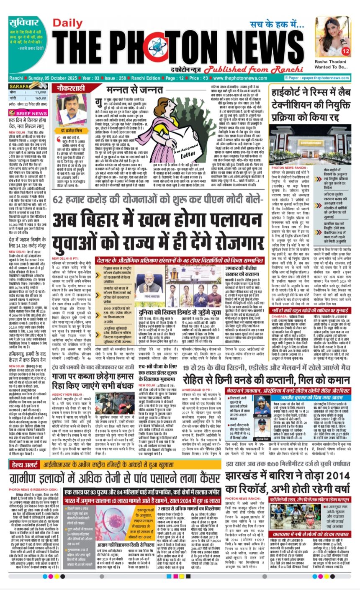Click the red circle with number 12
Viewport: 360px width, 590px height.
coord(345,52)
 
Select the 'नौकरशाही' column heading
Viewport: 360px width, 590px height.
coord(74,88)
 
